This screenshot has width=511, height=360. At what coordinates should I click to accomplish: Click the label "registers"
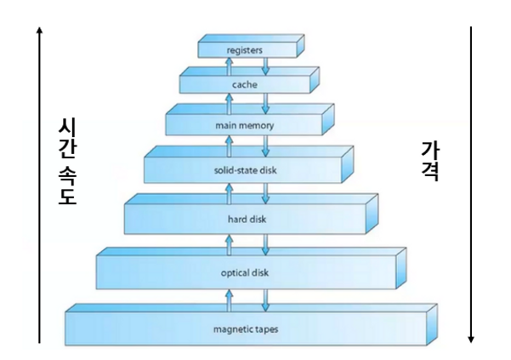pyautogui.click(x=245, y=50)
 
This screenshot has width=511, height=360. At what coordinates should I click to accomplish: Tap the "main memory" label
pyautogui.click(x=245, y=125)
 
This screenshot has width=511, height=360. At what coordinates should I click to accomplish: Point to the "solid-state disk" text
pyautogui.click(x=245, y=169)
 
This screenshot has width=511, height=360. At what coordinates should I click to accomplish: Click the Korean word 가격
pyautogui.click(x=430, y=161)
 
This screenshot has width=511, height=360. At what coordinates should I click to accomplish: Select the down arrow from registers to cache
pyautogui.click(x=265, y=66)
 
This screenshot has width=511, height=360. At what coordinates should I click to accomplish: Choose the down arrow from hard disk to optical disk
pyautogui.click(x=265, y=243)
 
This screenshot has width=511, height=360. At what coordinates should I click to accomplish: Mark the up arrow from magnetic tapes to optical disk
pyautogui.click(x=228, y=298)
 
